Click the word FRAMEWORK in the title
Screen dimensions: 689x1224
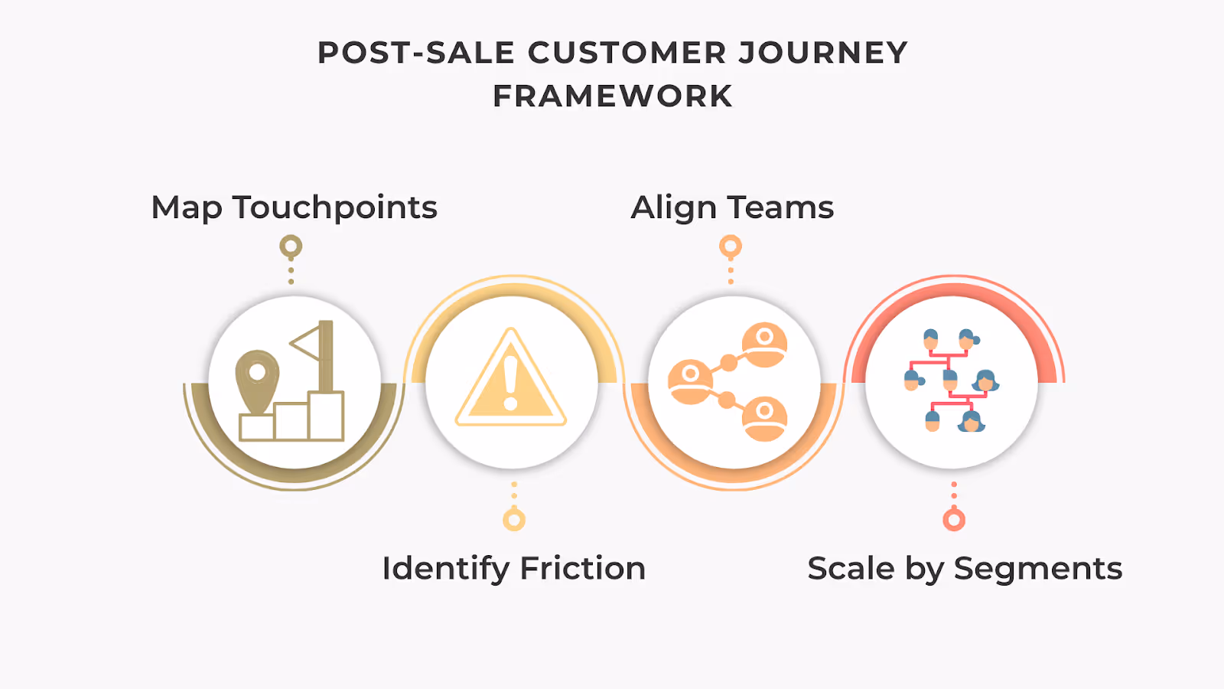pyautogui.click(x=613, y=96)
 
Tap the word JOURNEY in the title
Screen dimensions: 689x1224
pyautogui.click(x=823, y=53)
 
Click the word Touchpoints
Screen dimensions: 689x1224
pyautogui.click(x=335, y=208)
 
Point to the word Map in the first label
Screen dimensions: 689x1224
pyautogui.click(x=187, y=208)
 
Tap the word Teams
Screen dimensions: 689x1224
pyautogui.click(x=780, y=208)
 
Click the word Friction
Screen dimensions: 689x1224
pyautogui.click(x=583, y=569)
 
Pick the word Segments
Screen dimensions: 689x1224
pyautogui.click(x=1038, y=569)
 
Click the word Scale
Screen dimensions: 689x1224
pyautogui.click(x=851, y=569)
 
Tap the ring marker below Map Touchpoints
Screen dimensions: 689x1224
pyautogui.click(x=291, y=247)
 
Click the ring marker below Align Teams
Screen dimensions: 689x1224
pyautogui.click(x=731, y=247)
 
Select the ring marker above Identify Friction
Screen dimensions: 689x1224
pyautogui.click(x=514, y=520)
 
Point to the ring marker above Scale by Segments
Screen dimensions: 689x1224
pyautogui.click(x=954, y=520)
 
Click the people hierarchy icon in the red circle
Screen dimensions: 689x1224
pyautogui.click(x=952, y=380)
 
